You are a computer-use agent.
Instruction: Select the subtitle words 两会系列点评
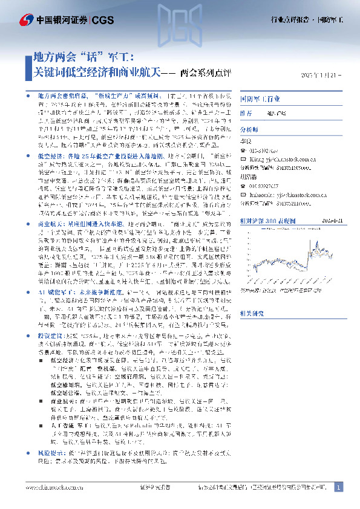point(206,74)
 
